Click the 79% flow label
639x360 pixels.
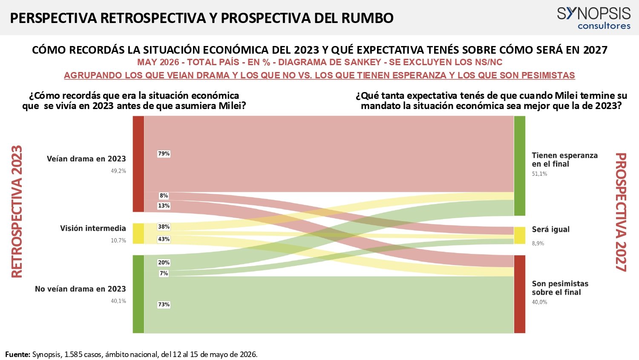tap(164, 154)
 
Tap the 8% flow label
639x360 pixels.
tap(164, 196)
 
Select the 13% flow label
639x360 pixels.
tap(164, 206)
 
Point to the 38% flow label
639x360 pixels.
tap(164, 227)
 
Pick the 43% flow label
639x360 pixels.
tap(164, 239)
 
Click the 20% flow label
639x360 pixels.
tap(164, 262)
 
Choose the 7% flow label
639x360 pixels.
tap(164, 273)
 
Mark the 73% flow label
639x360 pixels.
tap(164, 304)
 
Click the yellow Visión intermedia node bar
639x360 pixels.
tap(138, 233)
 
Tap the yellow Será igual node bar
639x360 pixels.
tap(519, 235)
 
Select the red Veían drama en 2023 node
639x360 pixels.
tap(138, 164)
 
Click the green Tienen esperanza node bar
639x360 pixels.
tap(519, 166)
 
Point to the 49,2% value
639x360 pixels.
tap(118, 171)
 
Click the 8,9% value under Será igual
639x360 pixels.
tap(538, 243)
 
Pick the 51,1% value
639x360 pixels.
tap(539, 174)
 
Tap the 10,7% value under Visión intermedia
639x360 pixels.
tap(118, 240)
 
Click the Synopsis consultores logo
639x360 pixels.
tap(594, 18)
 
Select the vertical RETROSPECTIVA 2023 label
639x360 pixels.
tap(17, 212)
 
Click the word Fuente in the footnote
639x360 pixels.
tap(17, 354)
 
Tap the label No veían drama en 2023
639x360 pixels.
tap(81, 289)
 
